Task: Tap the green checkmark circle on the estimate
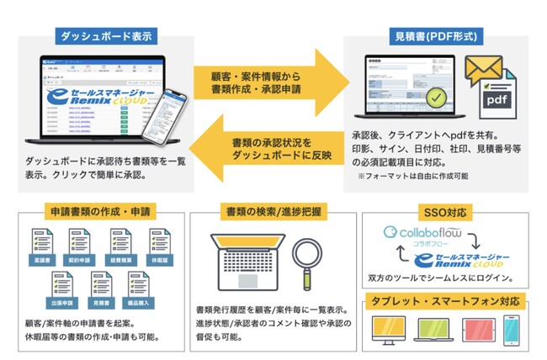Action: tap(436, 100)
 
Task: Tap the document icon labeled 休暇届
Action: tap(162, 244)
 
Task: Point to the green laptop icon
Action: tap(431, 330)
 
